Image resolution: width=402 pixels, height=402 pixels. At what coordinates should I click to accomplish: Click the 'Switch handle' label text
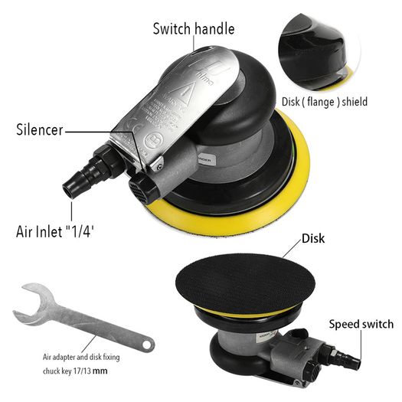pos(194,28)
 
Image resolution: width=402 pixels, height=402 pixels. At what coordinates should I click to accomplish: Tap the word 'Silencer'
pos(40,129)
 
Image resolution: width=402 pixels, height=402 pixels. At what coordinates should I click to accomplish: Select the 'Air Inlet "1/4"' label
pos(55,231)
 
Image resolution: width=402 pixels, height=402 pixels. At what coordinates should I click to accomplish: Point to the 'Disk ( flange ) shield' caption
pos(325,102)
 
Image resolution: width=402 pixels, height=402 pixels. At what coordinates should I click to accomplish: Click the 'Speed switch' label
pos(361,324)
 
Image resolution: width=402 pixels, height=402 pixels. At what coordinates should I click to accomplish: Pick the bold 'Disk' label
pos(313,238)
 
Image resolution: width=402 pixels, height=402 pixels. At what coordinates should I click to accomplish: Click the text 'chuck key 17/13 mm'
pos(75,371)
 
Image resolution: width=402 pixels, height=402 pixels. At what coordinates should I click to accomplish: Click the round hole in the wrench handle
pos(147,345)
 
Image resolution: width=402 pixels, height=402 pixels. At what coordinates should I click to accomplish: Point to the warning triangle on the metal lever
pos(185,93)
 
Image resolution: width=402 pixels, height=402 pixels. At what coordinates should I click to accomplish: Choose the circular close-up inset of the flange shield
pos(319,52)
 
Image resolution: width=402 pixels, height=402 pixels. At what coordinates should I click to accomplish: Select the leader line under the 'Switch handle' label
pos(194,43)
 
